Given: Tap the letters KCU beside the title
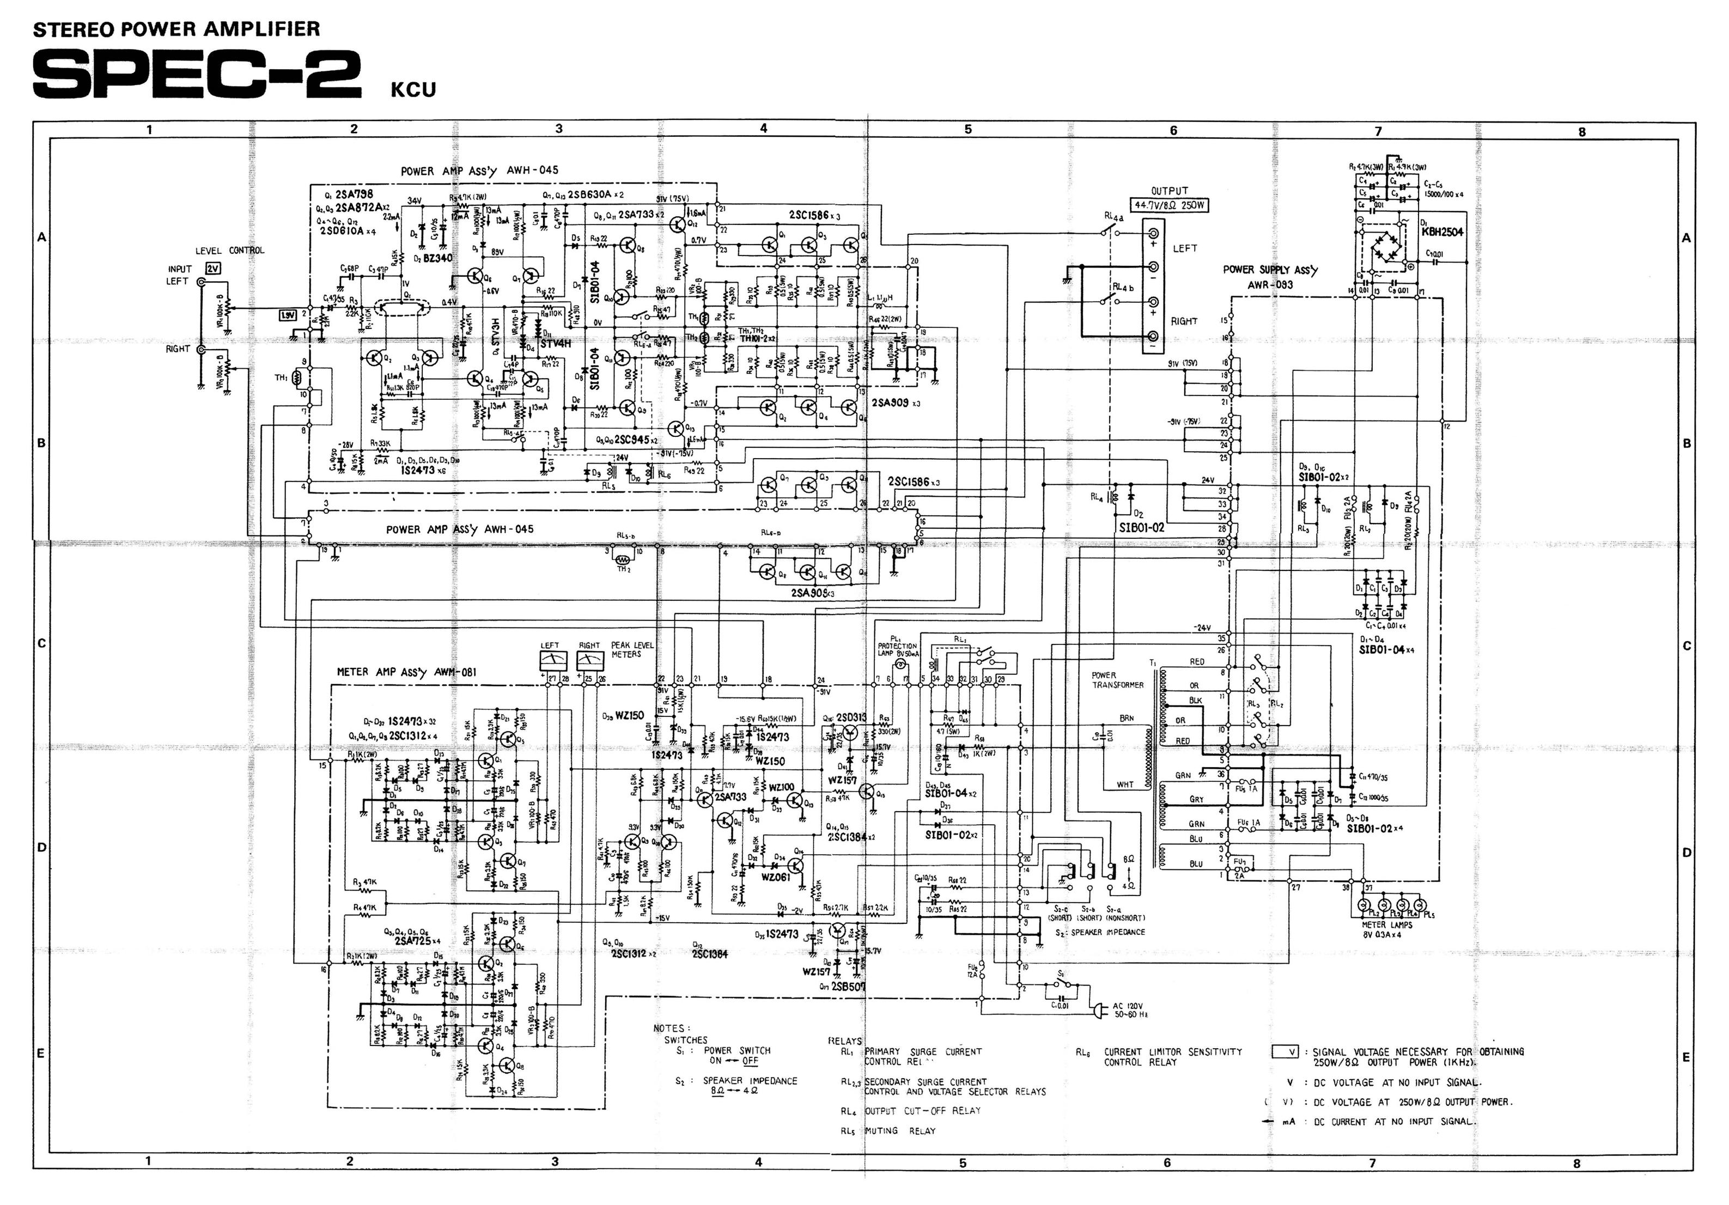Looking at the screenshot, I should (x=413, y=90).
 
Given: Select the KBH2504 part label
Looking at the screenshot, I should (x=1442, y=232).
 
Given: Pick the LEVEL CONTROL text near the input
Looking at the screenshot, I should (x=230, y=250).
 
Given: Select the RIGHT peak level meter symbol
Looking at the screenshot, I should (x=589, y=660).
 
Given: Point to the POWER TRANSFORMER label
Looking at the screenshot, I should (x=1117, y=680).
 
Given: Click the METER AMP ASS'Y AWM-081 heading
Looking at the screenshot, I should (x=406, y=672).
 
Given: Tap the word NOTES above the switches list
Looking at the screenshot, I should (x=669, y=1028).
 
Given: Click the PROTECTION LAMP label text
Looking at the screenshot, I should (x=897, y=650).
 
